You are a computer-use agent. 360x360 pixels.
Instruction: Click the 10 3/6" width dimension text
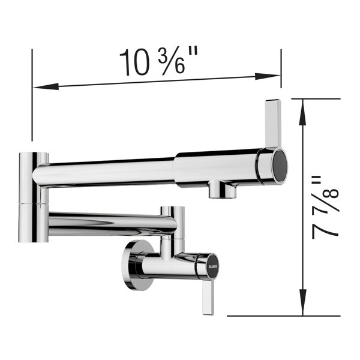158,61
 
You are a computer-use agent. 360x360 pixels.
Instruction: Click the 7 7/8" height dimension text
325,208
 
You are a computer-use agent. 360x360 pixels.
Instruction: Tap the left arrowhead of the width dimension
46,86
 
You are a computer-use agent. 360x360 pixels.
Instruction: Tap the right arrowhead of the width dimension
268,76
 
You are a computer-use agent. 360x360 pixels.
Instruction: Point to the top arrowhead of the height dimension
303,112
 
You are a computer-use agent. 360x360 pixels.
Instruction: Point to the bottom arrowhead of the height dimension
303,302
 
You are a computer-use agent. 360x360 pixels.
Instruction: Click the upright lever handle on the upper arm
272,124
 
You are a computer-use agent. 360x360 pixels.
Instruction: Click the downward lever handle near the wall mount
208,298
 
